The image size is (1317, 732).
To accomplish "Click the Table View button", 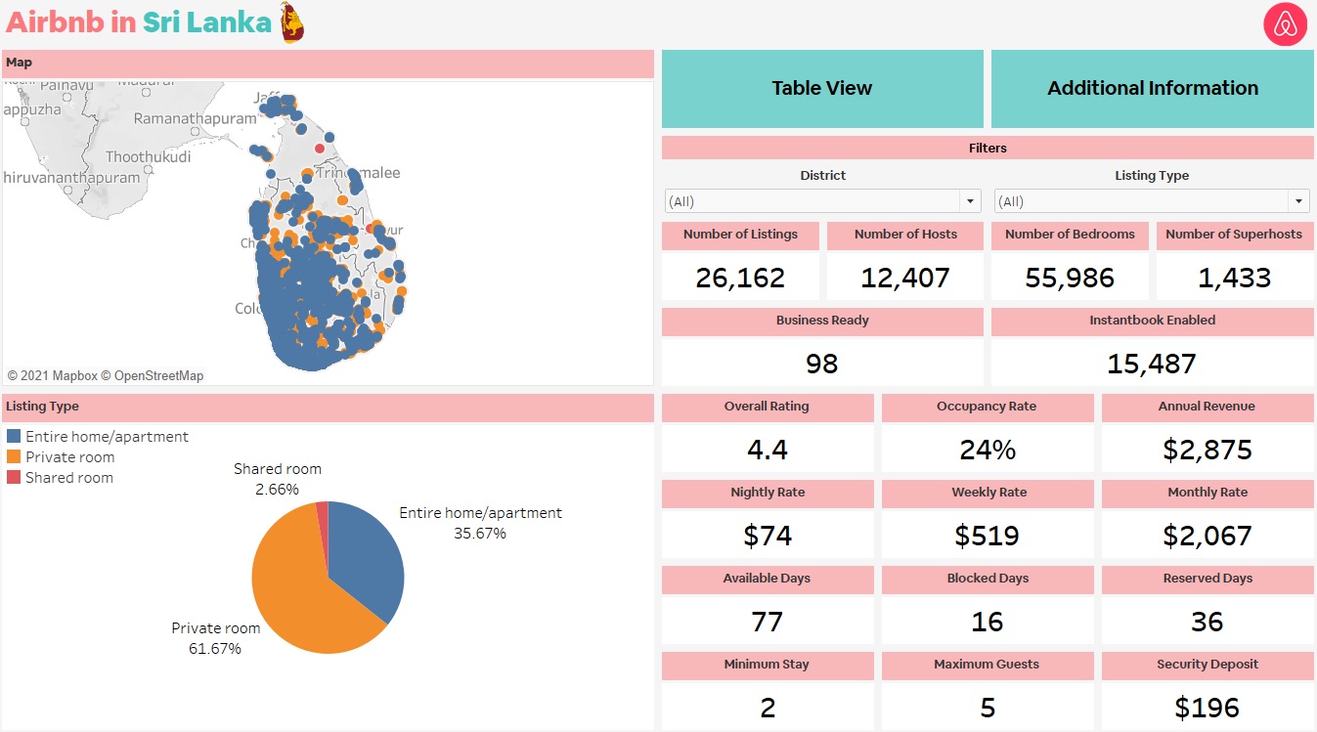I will [821, 88].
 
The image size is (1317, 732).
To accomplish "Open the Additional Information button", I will [1152, 88].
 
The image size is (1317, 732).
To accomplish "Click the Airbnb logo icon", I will [1285, 24].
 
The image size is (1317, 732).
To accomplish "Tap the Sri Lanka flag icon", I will [291, 22].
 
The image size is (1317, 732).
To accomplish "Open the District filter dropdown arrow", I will [970, 201].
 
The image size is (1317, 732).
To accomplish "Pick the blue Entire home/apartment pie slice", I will [367, 557].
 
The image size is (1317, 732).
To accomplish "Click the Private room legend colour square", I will [14, 456].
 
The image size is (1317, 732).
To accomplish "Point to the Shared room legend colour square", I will [14, 477].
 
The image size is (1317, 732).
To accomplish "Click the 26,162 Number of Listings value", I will [740, 278].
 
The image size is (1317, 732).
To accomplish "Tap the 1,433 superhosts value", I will [1234, 278].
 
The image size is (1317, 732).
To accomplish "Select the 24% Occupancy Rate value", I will [988, 450].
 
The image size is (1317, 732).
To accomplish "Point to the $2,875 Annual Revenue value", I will [1207, 450].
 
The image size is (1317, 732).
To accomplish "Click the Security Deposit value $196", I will [1207, 708].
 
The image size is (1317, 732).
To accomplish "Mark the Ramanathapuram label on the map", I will [195, 118].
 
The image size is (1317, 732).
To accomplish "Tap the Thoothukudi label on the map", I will [149, 156].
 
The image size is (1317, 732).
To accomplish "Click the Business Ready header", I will [822, 321].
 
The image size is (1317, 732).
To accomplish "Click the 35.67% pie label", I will [480, 534].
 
